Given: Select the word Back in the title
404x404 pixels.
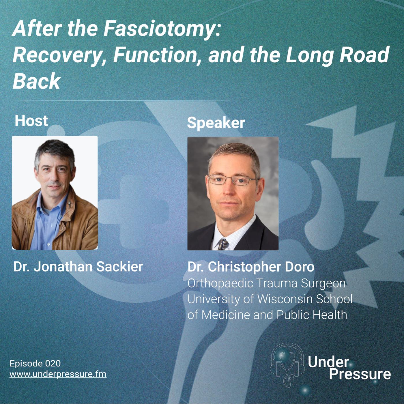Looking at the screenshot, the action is (37, 81).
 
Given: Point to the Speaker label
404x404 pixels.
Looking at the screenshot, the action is (216, 123).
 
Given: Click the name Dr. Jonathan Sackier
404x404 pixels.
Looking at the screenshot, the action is (78, 267).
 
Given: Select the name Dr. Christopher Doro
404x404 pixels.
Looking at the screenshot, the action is (251, 267).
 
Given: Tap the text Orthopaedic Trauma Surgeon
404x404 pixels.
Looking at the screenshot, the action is (266, 284).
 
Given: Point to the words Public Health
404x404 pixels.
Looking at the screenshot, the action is (312, 315).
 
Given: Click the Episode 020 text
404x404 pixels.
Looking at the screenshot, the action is (35, 363).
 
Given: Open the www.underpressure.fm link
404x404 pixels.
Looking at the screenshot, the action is (58, 374).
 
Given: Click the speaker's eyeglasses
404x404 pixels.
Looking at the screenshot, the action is (232, 180).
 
